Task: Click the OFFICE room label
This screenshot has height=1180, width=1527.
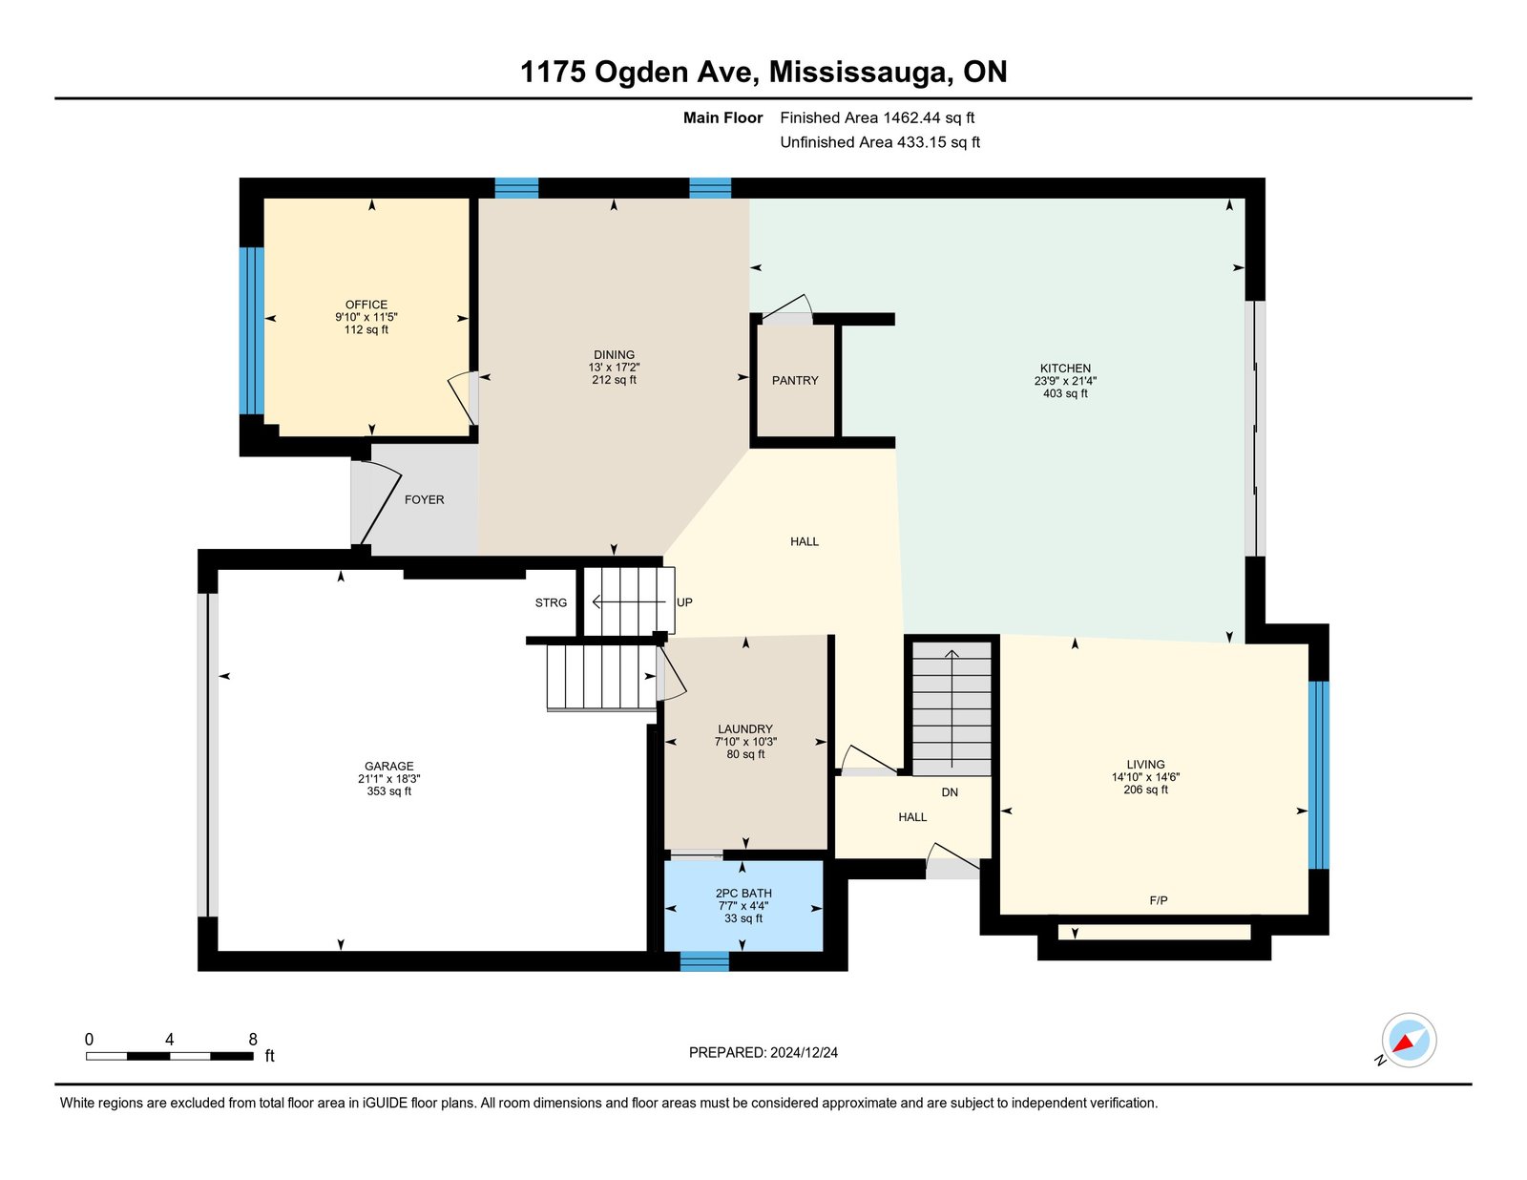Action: pos(366,305)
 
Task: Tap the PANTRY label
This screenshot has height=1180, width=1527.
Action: pos(795,380)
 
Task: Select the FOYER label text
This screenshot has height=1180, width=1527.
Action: pos(424,499)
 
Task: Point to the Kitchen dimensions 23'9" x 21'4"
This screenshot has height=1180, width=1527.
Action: pos(1065,381)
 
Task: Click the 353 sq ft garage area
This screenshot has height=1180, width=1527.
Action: pos(388,791)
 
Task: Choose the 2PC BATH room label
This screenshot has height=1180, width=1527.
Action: pos(743,894)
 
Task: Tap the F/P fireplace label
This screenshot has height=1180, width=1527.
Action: pos(1158,900)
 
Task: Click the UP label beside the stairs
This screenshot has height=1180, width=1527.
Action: pos(683,602)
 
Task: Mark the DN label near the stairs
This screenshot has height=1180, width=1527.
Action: pos(950,792)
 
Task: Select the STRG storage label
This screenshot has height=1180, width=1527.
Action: pos(551,602)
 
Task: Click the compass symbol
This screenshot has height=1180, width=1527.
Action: pos(1409,1041)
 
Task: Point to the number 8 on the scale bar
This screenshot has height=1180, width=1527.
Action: pos(253,1039)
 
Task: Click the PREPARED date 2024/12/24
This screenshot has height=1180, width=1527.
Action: pos(804,1052)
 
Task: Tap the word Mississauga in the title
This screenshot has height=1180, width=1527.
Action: pos(861,72)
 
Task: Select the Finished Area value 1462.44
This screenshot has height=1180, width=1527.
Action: pos(911,117)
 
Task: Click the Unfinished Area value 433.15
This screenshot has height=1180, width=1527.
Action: pos(921,142)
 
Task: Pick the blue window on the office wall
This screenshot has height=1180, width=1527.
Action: pos(252,330)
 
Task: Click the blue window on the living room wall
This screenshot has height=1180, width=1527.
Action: pos(1318,774)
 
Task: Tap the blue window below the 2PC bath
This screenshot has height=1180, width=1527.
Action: pos(704,960)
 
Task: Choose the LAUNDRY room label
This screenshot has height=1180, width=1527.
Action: pos(744,728)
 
